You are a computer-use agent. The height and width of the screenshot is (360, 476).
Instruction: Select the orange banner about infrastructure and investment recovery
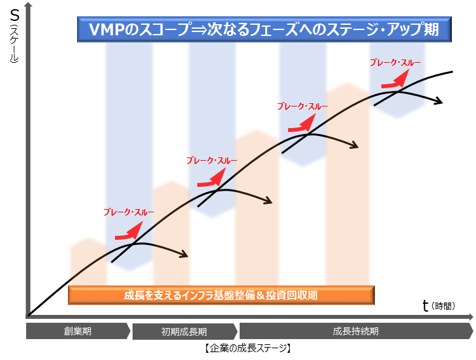(x=221, y=295)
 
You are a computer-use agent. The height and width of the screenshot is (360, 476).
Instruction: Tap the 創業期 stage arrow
(x=78, y=331)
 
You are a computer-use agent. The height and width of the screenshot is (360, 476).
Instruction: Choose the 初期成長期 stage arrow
(x=184, y=331)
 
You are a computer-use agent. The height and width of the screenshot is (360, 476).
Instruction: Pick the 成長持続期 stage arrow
(x=355, y=331)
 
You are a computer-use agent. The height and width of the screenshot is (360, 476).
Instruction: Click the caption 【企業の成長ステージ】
(x=247, y=348)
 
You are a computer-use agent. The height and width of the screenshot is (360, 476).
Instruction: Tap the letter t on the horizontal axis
(x=425, y=305)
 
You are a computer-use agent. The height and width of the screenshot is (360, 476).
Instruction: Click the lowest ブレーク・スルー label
(x=129, y=212)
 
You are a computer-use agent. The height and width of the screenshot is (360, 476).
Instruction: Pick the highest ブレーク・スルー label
(x=395, y=63)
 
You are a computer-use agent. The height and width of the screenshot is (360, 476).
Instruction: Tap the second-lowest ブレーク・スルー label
(x=212, y=160)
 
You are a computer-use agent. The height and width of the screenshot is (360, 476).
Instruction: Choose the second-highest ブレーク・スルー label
(x=302, y=106)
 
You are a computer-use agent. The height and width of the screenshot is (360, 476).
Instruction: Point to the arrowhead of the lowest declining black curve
(x=185, y=254)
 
